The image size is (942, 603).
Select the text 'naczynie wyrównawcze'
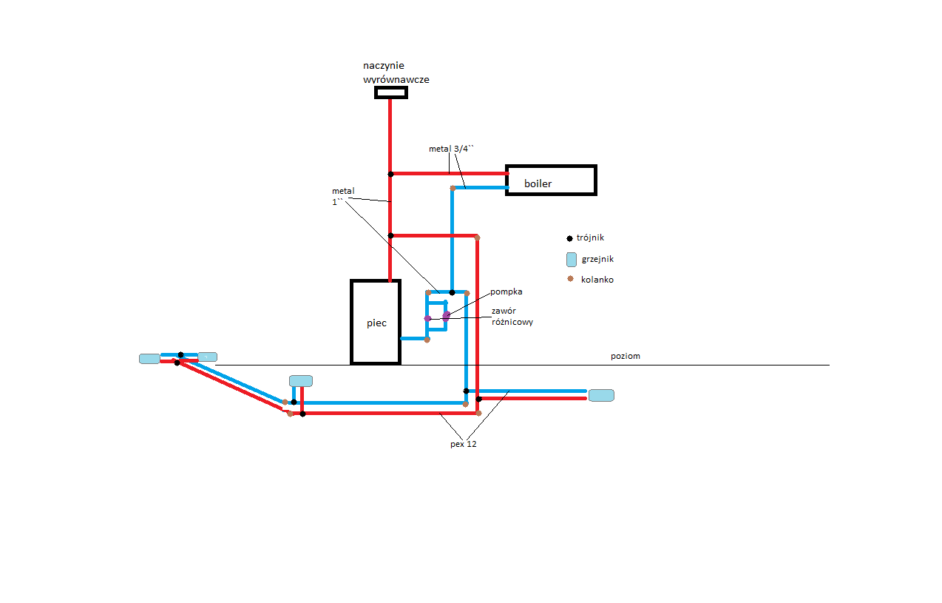(396, 73)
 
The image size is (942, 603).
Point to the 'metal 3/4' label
(451, 149)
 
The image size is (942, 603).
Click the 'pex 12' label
(463, 444)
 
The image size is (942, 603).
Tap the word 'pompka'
(506, 292)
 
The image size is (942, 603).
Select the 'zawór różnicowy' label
(512, 317)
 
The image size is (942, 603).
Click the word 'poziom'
(626, 356)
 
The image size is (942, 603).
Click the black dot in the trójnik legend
(569, 238)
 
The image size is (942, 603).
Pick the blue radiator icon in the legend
(571, 260)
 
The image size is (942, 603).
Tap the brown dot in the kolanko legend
(570, 279)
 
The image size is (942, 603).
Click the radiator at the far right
(601, 395)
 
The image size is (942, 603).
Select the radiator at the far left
(149, 359)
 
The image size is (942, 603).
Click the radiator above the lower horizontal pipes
(301, 381)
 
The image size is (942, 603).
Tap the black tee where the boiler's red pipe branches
(390, 174)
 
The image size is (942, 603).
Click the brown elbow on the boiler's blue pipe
(453, 188)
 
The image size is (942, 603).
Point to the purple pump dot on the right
(446, 315)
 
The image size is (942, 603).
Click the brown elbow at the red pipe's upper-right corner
(477, 238)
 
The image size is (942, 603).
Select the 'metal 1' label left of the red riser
(343, 196)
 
